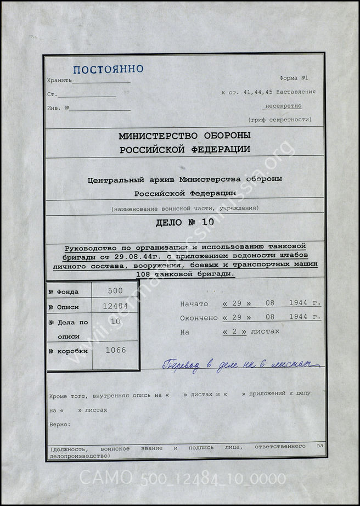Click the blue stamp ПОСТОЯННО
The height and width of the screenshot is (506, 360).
[x=109, y=69]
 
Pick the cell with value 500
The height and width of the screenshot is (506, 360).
[x=115, y=291]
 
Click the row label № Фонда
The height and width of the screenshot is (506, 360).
[x=64, y=291]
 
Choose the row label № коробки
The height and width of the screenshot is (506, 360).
[x=68, y=350]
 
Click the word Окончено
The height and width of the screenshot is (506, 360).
[x=199, y=318]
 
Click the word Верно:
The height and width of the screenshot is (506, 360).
[x=60, y=424]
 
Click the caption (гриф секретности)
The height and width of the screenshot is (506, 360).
[x=279, y=119]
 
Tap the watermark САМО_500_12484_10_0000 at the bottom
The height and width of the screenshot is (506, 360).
[x=183, y=479]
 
